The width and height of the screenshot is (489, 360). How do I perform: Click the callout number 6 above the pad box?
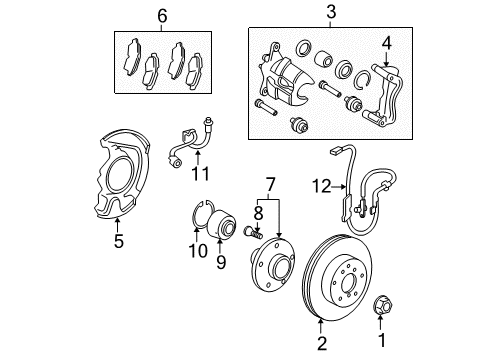[162, 16]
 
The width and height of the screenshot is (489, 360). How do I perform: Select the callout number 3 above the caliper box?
[331, 12]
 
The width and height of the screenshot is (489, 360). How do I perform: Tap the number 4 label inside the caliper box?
[386, 43]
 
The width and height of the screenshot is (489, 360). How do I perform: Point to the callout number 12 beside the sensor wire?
[321, 186]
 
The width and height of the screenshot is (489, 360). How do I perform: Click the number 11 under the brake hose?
[200, 174]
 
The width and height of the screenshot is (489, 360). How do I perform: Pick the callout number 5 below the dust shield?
[119, 241]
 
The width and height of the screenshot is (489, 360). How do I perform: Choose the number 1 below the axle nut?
[382, 340]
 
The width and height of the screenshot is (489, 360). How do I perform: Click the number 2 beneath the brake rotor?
[322, 343]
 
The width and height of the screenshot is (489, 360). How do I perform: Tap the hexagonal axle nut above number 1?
[382, 304]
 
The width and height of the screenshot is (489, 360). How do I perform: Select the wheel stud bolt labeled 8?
[254, 231]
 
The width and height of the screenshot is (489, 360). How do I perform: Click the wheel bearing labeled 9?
[222, 225]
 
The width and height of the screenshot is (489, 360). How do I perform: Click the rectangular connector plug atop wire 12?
[334, 152]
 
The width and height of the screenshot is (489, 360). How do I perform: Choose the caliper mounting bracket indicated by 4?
[383, 97]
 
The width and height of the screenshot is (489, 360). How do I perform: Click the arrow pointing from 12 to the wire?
[339, 187]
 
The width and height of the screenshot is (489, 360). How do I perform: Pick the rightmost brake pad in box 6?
[194, 71]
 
